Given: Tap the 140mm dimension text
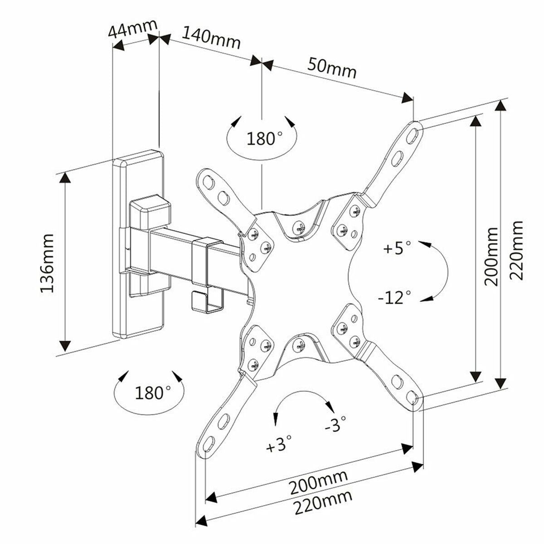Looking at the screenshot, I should click(x=211, y=37).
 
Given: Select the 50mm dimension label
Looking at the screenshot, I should click(x=332, y=67).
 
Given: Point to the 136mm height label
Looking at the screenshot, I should click(x=47, y=263).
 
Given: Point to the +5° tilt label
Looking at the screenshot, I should click(x=397, y=248).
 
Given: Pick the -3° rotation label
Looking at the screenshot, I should click(x=335, y=425).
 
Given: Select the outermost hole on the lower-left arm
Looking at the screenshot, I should click(x=209, y=442).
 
